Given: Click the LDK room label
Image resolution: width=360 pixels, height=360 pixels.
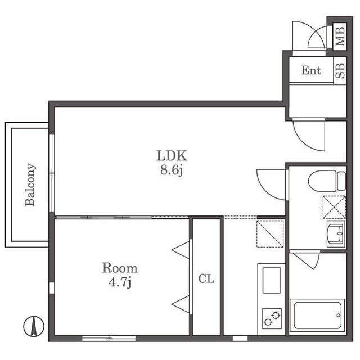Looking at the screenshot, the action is pyautogui.click(x=172, y=155).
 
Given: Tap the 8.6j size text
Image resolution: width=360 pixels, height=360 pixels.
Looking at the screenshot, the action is pyautogui.click(x=172, y=170).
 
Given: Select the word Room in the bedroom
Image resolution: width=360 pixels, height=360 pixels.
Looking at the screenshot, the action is pyautogui.click(x=120, y=268).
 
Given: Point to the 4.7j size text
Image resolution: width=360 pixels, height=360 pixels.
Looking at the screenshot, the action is pyautogui.click(x=120, y=282).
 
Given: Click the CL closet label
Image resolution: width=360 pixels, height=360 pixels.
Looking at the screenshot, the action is pyautogui.click(x=206, y=279).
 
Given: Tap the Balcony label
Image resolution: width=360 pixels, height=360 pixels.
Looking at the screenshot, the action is pyautogui.click(x=30, y=185).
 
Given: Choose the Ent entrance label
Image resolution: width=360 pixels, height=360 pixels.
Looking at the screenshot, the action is pyautogui.click(x=311, y=70).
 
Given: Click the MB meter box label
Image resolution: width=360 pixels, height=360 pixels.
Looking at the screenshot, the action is pyautogui.click(x=340, y=37).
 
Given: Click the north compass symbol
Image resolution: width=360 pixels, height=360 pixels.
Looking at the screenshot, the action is pyautogui.click(x=34, y=326).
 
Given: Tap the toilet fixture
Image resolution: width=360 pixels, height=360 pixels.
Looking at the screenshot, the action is pyautogui.click(x=327, y=180).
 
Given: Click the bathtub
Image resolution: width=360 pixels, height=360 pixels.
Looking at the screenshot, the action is pyautogui.click(x=317, y=315).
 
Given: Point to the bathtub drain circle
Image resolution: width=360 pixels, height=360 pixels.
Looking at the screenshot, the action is pyautogui.click(x=339, y=315).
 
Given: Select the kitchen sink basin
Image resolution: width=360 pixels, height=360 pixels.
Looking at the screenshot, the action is pyautogui.click(x=272, y=280).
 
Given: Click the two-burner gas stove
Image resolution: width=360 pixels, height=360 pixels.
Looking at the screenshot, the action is pyautogui.click(x=272, y=318).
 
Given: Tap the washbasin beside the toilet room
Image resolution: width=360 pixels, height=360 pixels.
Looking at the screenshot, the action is pyautogui.click(x=336, y=234).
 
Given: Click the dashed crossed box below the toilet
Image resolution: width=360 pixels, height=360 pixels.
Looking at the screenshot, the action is pyautogui.click(x=334, y=207).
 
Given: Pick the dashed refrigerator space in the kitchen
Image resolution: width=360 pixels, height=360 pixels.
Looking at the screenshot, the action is pyautogui.click(x=270, y=234).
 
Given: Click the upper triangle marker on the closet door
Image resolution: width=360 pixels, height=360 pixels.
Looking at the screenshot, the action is pyautogui.click(x=181, y=250).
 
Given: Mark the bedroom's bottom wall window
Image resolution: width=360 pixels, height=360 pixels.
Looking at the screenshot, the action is pyautogui.click(x=109, y=338).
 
